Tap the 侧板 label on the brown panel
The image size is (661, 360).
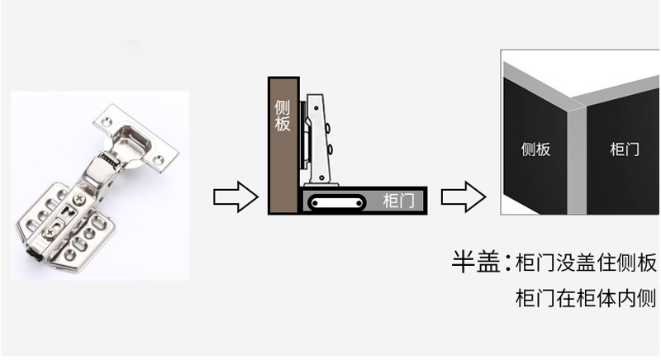point(283,116)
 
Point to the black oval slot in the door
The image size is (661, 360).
point(337,201)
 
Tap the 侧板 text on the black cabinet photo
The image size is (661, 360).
point(536,149)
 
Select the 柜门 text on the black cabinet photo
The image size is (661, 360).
point(624,149)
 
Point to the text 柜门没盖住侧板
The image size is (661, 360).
point(585,264)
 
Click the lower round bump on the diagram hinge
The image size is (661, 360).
point(331,149)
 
